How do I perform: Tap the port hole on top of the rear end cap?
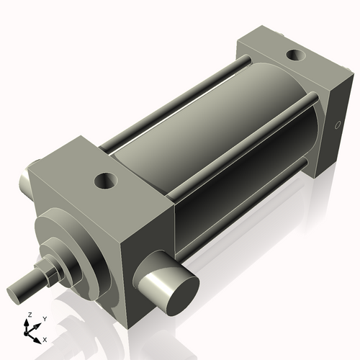pos(294,55)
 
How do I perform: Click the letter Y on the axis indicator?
pos(45,318)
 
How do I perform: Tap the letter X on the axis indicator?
pos(45,338)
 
